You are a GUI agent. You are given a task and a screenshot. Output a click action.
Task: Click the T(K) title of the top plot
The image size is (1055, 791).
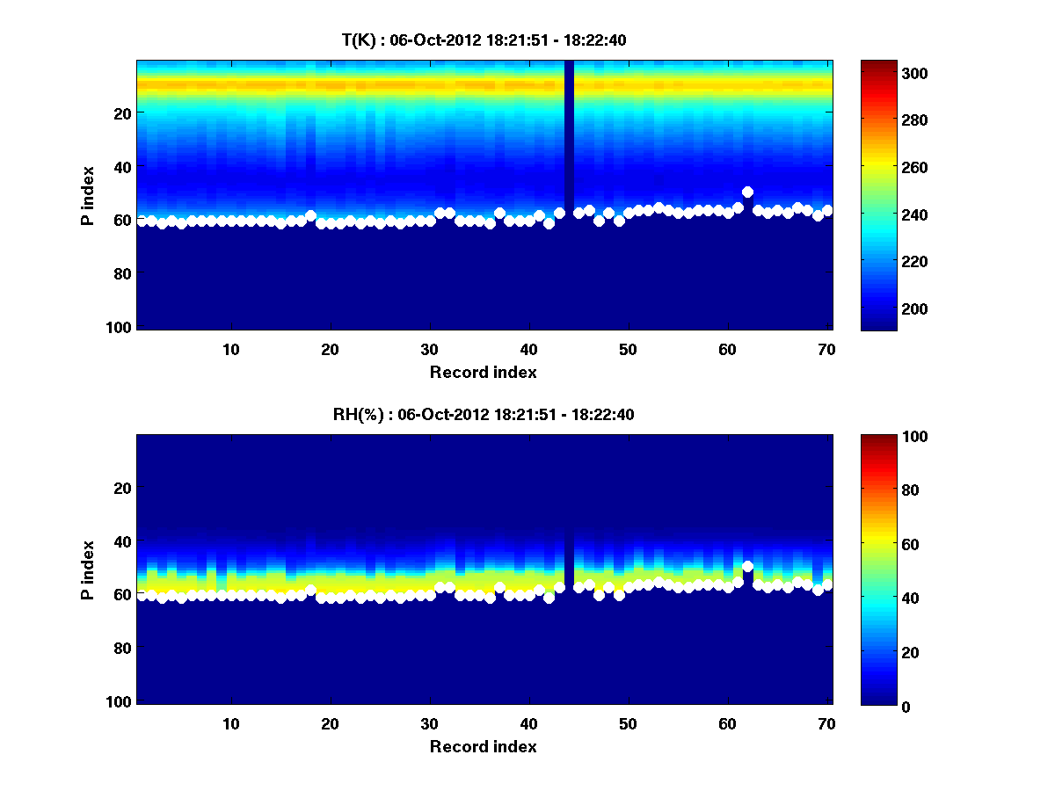[484, 40]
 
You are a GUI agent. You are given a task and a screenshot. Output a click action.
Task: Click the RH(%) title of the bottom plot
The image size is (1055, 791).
[484, 415]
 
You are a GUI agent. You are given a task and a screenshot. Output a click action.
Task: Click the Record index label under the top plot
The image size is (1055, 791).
[484, 373]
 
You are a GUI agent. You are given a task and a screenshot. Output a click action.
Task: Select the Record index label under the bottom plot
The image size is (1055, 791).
[484, 747]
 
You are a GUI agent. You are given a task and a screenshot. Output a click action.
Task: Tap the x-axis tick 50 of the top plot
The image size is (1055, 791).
[628, 349]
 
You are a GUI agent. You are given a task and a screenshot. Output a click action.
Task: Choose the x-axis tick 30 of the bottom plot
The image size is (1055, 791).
[429, 723]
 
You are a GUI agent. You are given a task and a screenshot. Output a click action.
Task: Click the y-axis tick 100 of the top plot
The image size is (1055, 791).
[121, 327]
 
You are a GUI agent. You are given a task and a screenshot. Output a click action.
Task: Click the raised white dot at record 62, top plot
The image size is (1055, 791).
[747, 192]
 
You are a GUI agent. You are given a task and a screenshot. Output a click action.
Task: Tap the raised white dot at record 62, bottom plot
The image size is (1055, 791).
[747, 567]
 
